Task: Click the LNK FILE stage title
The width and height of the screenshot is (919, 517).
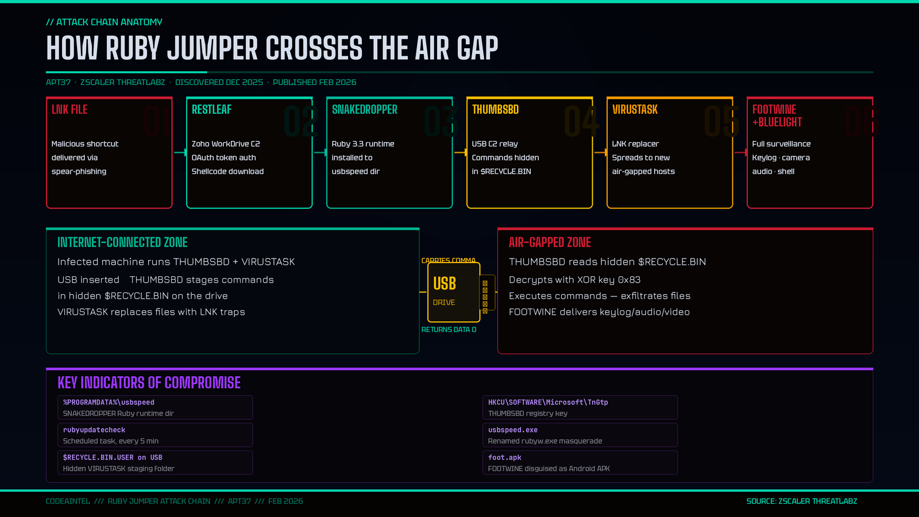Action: tap(69, 110)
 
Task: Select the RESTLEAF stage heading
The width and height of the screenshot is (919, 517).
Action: tap(211, 110)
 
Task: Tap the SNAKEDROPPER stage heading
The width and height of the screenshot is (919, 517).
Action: tap(364, 110)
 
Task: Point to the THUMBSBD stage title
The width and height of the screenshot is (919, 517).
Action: tap(495, 110)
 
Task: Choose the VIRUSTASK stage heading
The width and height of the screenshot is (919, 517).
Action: tap(635, 110)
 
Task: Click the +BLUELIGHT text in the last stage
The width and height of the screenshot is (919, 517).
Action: tap(777, 122)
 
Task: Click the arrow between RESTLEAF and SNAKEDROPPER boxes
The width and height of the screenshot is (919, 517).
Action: tap(320, 152)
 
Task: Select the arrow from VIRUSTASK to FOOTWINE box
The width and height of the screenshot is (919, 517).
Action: tap(740, 152)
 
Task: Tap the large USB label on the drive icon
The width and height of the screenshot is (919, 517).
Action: tap(445, 284)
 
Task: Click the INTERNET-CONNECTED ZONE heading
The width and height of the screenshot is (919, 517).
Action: tap(122, 242)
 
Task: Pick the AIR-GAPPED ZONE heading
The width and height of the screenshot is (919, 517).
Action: tap(550, 242)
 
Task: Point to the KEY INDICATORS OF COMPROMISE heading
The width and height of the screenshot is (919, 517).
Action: tap(149, 383)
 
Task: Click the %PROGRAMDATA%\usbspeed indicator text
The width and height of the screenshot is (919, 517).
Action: tap(109, 402)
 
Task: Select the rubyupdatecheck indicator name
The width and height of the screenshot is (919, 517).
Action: tap(94, 430)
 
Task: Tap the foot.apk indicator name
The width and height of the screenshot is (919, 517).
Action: tap(504, 457)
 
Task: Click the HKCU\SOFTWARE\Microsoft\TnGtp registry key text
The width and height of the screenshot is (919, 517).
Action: tap(548, 402)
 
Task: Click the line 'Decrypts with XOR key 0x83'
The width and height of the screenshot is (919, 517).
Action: tap(574, 280)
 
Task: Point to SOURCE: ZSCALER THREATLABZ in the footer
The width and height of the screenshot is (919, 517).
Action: tap(801, 501)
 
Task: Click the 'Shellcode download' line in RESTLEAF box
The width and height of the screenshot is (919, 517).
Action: tap(227, 171)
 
